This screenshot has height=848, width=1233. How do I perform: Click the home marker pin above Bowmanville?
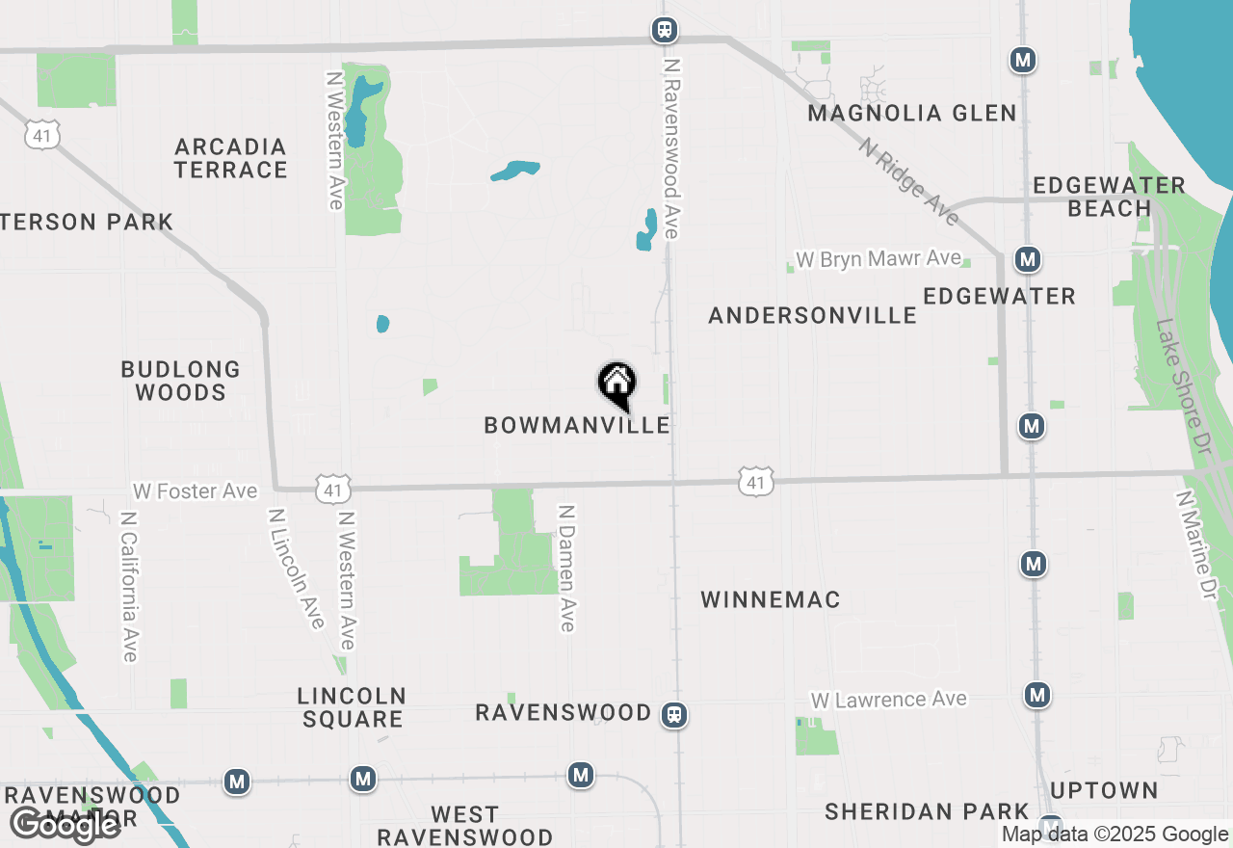[617, 384]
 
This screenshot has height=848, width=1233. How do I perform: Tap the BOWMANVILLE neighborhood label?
[576, 425]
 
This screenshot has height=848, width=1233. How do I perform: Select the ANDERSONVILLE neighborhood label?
[812, 315]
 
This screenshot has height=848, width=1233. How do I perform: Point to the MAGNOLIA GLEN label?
[911, 114]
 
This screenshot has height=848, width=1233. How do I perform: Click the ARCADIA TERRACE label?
[231, 159]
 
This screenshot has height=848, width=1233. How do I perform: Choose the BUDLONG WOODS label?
[180, 381]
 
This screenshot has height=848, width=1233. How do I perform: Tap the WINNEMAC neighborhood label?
[770, 599]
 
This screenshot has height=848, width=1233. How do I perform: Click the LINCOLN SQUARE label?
[351, 707]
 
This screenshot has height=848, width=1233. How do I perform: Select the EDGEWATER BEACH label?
[1108, 197]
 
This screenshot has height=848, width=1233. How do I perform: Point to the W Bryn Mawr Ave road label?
[878, 259]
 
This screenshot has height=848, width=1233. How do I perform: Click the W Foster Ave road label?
[196, 491]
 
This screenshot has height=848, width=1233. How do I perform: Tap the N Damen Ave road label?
[566, 569]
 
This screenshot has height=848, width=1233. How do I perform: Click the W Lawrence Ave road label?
[888, 700]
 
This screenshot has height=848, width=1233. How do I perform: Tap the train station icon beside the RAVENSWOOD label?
[674, 715]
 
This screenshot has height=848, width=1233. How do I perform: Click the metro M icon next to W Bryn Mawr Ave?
[1028, 259]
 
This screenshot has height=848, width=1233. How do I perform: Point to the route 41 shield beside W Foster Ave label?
[332, 490]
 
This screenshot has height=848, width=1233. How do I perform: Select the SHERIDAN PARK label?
[927, 812]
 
